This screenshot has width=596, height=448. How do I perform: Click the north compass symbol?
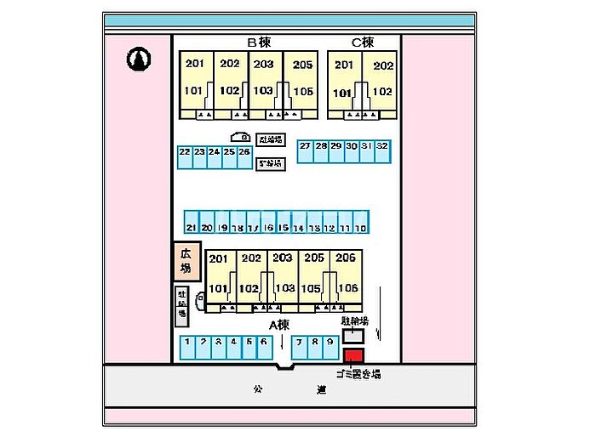(139, 59)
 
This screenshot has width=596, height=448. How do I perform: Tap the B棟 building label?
(258, 42)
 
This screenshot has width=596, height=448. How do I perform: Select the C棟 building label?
(363, 42)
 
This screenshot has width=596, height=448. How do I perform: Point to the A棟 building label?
(280, 324)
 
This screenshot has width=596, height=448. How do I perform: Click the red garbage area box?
(352, 355)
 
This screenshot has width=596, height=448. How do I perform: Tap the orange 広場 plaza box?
(186, 262)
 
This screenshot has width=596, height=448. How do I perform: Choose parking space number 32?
(382, 150)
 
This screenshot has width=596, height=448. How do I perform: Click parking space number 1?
(187, 346)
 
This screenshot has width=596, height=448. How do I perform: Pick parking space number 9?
(330, 346)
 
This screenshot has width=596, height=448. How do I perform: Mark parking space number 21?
(191, 223)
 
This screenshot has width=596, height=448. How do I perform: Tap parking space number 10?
(361, 223)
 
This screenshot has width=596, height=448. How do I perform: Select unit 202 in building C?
(382, 65)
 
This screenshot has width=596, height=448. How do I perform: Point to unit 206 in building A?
(345, 258)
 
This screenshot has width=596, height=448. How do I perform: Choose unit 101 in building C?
(343, 93)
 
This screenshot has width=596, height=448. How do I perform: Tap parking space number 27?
(305, 150)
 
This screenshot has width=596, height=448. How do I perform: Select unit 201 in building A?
(219, 258)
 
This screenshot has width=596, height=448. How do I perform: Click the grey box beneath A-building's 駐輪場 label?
(352, 337)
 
